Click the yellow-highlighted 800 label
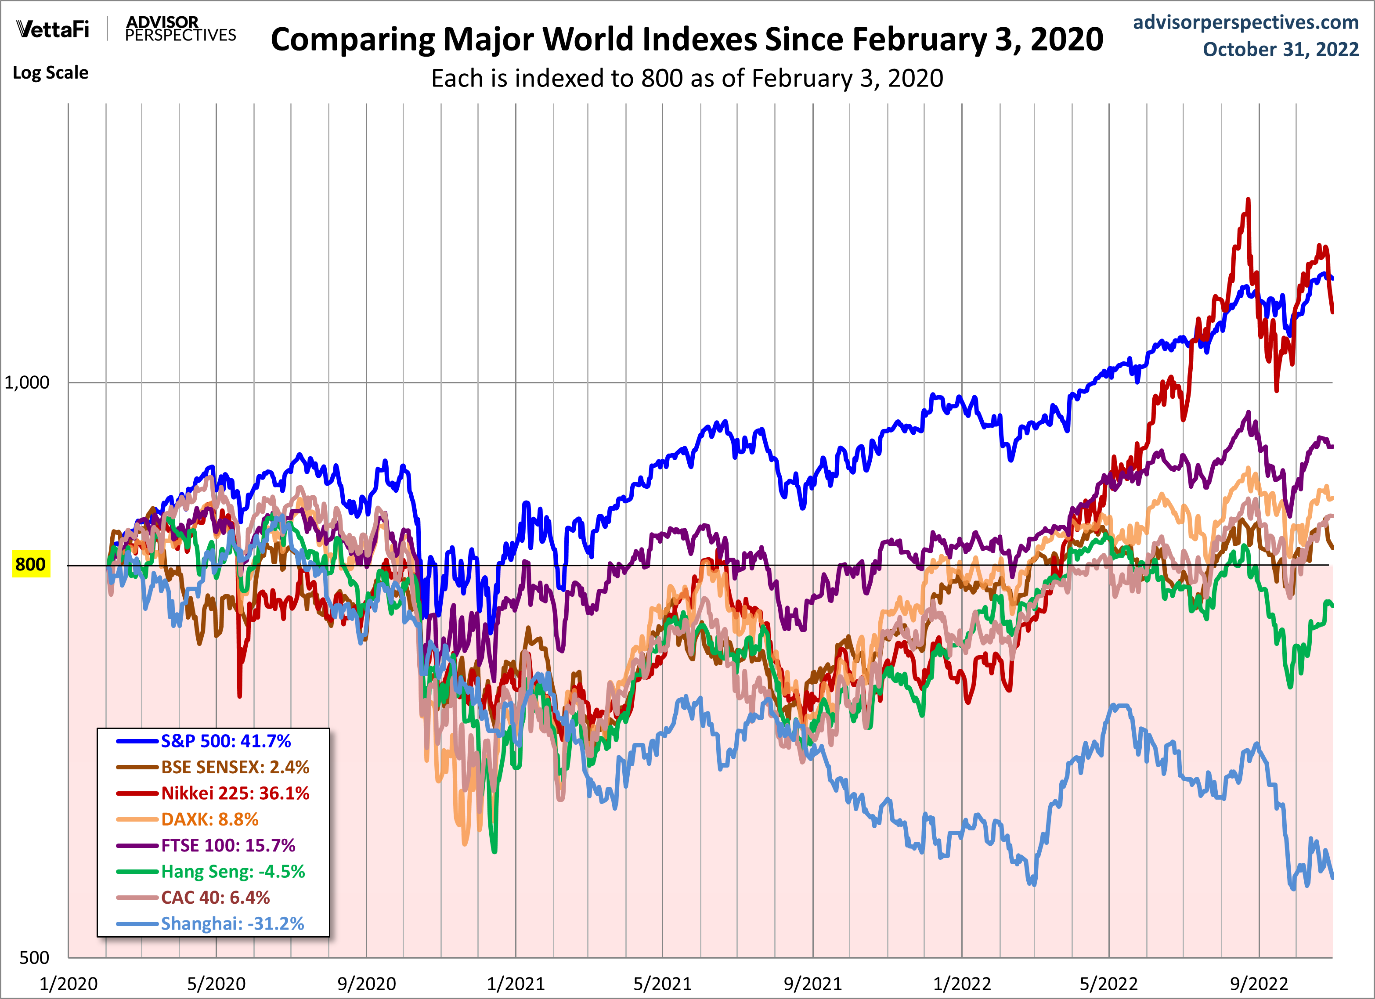30,564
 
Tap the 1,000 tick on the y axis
27,382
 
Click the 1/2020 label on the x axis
69,983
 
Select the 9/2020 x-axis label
367,983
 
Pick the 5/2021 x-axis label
663,983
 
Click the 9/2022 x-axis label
1259,983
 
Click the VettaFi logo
53,29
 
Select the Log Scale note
51,73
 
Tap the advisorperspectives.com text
1246,22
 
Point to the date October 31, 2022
1281,49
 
